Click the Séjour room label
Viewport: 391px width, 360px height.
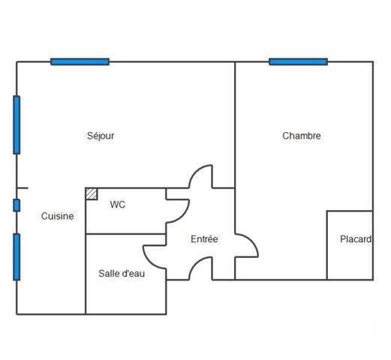click(x=101, y=136)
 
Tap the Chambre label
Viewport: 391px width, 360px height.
click(x=302, y=136)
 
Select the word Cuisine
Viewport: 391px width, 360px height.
click(x=57, y=216)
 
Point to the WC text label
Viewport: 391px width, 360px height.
click(x=117, y=204)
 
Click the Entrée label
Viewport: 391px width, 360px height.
click(x=204, y=239)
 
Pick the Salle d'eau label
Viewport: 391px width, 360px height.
click(x=122, y=273)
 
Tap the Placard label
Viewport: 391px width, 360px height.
click(x=355, y=239)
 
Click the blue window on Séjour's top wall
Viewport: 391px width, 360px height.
click(x=80, y=61)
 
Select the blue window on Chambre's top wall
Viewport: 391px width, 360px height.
click(x=298, y=61)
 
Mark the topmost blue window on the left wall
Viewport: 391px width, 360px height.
click(x=17, y=125)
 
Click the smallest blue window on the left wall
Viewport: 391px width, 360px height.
click(x=17, y=205)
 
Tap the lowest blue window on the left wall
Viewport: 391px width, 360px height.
click(x=17, y=256)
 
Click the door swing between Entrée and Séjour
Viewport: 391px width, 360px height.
click(x=200, y=177)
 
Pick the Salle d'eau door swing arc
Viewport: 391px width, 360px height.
click(x=154, y=257)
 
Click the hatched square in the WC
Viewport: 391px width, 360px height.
click(x=92, y=193)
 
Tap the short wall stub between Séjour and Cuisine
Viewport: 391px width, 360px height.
click(x=23, y=187)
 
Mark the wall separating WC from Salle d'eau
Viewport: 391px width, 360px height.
click(x=125, y=234)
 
